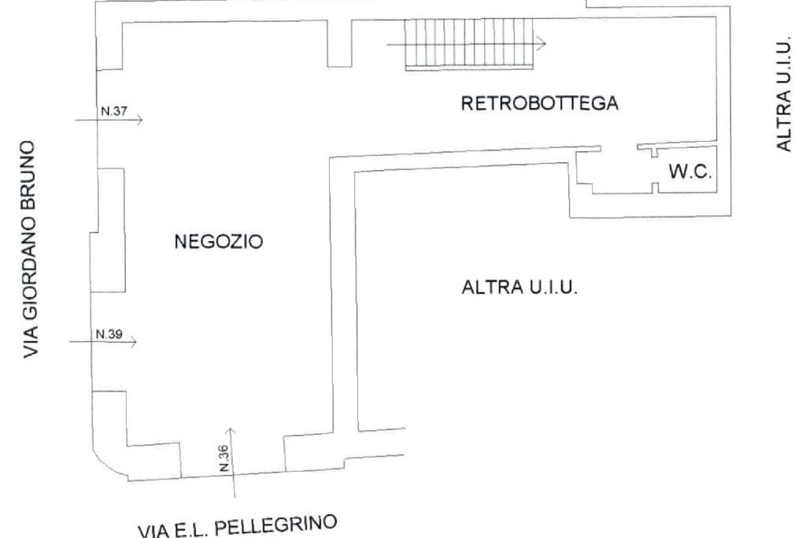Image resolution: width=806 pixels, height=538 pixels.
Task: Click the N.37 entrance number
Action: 109,112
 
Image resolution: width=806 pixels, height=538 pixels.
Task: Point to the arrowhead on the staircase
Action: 542,43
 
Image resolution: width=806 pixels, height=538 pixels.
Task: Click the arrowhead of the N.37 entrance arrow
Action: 139,121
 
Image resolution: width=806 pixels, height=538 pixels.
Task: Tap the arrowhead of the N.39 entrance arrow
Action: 134,342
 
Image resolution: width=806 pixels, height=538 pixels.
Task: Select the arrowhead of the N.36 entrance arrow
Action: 231,431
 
